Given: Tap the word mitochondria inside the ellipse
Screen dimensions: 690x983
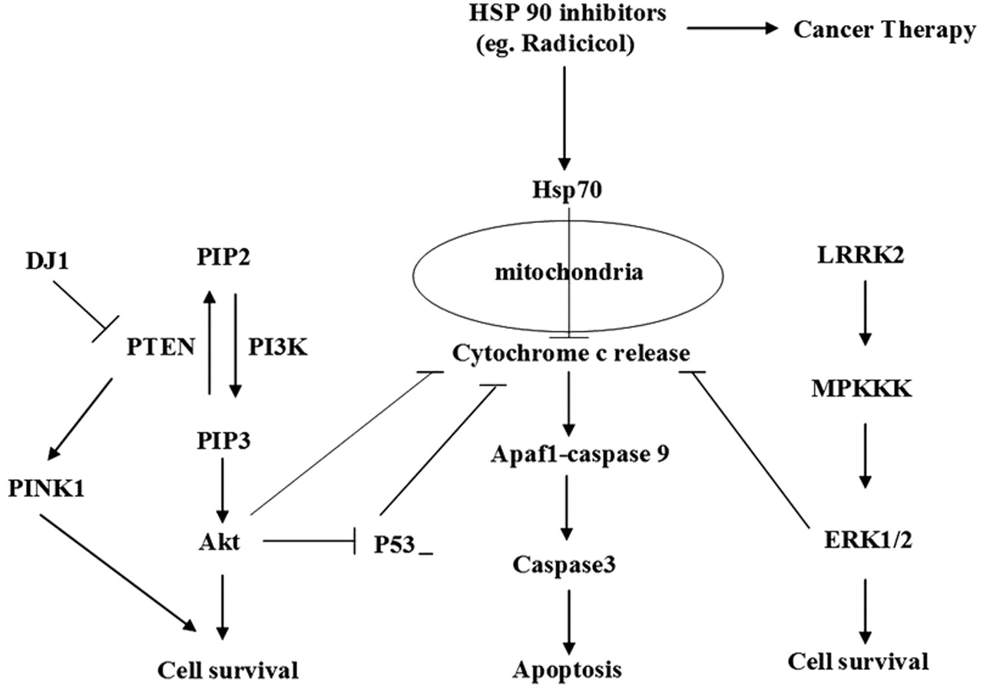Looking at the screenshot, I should click(569, 272).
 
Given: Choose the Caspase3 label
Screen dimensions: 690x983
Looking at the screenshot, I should click(568, 565).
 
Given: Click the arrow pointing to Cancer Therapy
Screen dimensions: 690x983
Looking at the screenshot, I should click(733, 29).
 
